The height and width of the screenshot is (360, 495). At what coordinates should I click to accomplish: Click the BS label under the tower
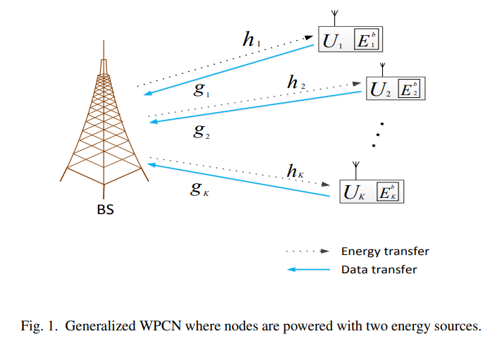pos(105,209)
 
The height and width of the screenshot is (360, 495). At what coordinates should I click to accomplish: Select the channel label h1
pos(251,40)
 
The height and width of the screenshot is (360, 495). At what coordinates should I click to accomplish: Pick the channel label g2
pos(201,130)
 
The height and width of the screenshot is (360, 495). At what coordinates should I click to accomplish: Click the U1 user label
pos(331,42)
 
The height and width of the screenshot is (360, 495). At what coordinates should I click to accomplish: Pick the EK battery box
pos(389,192)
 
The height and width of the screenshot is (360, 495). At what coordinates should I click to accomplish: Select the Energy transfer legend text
pos(385,252)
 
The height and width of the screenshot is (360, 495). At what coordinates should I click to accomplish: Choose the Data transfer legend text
pos(379,269)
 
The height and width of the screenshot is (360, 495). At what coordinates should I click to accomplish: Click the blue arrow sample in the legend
pos(308,270)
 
